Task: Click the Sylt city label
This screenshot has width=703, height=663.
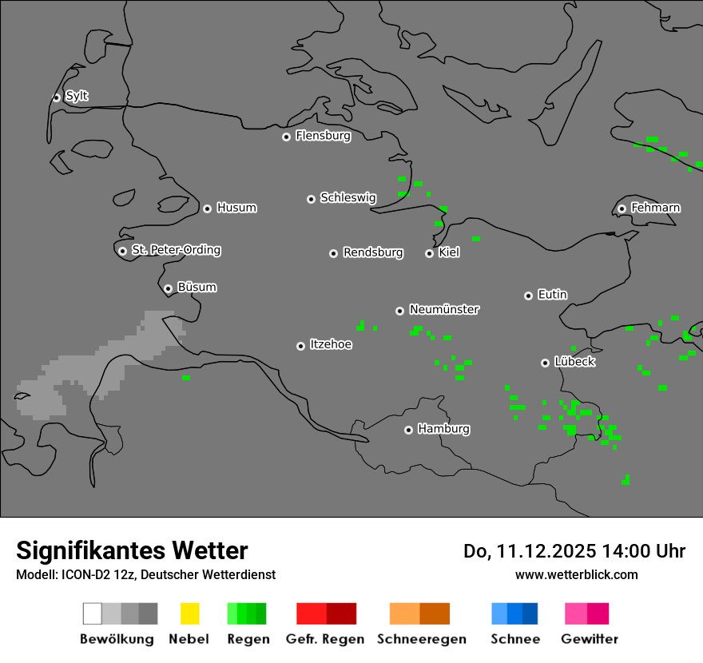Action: click(x=77, y=96)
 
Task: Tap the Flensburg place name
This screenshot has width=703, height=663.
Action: click(x=323, y=136)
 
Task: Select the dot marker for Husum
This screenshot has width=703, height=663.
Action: click(x=207, y=208)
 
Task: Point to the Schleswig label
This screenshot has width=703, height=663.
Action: click(x=348, y=197)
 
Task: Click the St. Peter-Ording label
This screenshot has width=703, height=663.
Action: click(x=176, y=250)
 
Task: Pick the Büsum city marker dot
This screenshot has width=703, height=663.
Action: click(x=168, y=288)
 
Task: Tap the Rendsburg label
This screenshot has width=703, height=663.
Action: click(x=373, y=252)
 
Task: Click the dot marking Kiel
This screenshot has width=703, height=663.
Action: click(x=429, y=253)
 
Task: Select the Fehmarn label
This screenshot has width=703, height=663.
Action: click(x=655, y=208)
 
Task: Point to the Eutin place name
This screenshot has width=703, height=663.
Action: click(x=552, y=295)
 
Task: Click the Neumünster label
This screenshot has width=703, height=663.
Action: click(x=444, y=309)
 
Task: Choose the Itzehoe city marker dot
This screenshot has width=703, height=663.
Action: click(x=300, y=346)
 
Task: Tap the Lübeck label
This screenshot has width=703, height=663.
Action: click(x=574, y=362)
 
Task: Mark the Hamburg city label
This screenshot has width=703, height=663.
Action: click(x=443, y=429)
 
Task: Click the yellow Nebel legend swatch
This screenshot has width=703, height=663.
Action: click(x=189, y=613)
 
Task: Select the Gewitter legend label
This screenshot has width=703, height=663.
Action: click(x=590, y=639)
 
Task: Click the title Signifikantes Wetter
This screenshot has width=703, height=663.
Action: click(x=132, y=550)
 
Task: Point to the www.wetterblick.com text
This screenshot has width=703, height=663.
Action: click(x=576, y=574)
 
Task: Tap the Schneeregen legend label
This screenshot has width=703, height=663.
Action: click(x=422, y=639)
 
